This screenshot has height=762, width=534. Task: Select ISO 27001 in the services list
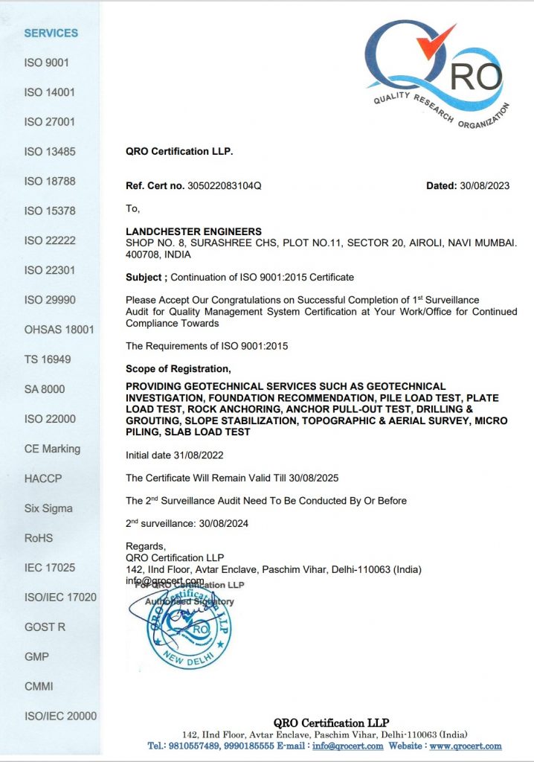[50, 122]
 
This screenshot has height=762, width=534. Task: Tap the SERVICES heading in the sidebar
[51, 33]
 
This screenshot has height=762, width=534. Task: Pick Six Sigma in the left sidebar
[48, 508]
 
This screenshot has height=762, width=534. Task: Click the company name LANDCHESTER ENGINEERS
[193, 232]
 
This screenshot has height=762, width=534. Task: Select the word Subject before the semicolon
[145, 278]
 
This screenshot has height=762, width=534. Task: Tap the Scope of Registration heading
[178, 369]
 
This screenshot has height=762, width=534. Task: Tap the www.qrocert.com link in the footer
[466, 746]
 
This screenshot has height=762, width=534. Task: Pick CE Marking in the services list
[52, 449]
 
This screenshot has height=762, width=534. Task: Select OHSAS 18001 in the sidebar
[59, 330]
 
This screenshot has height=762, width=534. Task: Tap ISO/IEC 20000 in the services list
[60, 716]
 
